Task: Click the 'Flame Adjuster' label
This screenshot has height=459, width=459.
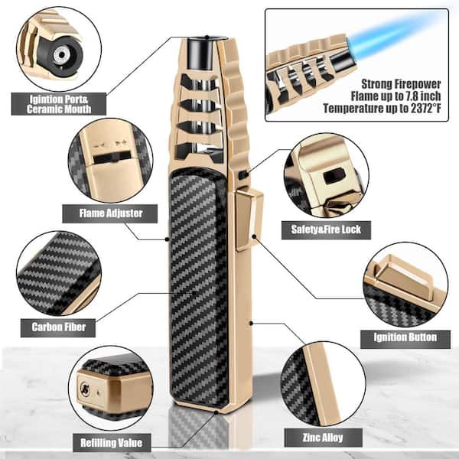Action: pos(110,213)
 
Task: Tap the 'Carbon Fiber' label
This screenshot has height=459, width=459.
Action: pos(58,327)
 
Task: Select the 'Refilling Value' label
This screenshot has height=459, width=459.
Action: pos(111,443)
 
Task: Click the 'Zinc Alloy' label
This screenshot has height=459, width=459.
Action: pos(323,438)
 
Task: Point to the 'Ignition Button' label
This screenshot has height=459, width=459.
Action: pos(405,337)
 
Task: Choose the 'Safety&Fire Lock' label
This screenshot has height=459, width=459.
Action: pos(326,229)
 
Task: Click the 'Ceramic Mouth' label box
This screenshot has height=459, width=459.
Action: pos(59,104)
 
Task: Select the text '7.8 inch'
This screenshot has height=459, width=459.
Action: pos(421,96)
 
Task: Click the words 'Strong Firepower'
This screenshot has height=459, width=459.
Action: pos(401,84)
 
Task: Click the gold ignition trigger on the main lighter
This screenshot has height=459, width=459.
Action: pos(249,220)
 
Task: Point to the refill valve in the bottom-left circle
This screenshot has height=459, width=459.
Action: pos(85,389)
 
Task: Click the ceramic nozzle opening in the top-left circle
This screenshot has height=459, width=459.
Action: pos(61,55)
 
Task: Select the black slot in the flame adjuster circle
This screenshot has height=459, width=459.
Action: pos(111,158)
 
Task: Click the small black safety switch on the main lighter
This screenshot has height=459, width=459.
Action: pos(243,174)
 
